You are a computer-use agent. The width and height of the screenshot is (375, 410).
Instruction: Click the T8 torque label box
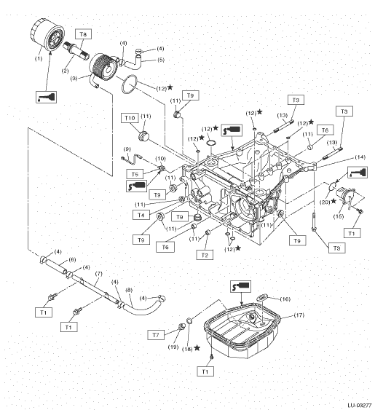coord(84,34)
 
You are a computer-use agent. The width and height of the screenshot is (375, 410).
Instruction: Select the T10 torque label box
coord(130,118)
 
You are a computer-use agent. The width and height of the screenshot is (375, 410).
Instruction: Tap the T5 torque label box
coord(135,174)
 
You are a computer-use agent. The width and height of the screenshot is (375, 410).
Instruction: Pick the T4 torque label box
coord(141,215)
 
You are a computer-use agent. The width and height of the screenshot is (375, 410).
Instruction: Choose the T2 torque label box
coord(205,255)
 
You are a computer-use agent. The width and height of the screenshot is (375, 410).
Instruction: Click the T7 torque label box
coord(156,335)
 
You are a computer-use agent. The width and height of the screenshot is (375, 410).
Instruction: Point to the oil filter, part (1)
coord(47,35)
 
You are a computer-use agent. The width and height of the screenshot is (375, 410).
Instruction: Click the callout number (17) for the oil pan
coord(299,315)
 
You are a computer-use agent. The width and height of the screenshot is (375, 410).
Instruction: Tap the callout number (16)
coord(285,299)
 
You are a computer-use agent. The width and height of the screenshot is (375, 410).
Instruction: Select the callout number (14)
coord(360,157)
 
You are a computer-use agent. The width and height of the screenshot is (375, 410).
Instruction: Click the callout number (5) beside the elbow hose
coord(161,60)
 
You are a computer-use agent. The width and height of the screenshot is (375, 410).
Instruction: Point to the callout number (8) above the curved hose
coord(129,290)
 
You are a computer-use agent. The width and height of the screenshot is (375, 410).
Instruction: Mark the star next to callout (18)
coord(197,348)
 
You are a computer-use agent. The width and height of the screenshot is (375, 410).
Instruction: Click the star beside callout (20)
coord(333,201)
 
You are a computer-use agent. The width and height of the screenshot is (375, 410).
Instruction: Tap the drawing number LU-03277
coord(360,406)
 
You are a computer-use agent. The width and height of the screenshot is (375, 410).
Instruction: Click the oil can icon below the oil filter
coord(47,97)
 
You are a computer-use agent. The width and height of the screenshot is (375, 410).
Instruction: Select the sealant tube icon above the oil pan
coord(240,286)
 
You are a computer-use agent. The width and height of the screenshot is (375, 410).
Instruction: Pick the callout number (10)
coord(161,159)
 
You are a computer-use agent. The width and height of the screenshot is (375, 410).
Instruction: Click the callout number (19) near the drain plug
coord(173,347)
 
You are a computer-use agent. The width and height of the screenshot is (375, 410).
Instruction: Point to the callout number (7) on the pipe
coord(98,274)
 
